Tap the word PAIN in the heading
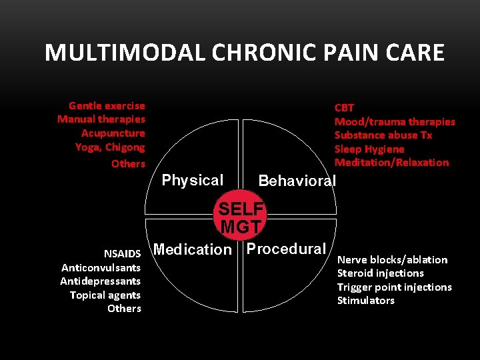click(x=336, y=53)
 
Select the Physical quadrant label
click(x=193, y=180)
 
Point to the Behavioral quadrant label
click(x=297, y=181)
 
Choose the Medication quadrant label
click(x=192, y=249)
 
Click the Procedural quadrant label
click(x=286, y=249)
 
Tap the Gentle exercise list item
click(x=107, y=105)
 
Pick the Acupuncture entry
click(x=113, y=133)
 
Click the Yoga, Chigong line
click(x=110, y=147)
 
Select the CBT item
click(x=344, y=107)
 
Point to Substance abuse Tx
click(x=383, y=135)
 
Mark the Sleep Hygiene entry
click(x=369, y=149)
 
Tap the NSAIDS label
click(x=122, y=253)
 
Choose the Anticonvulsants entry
click(x=101, y=267)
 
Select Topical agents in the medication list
click(x=105, y=295)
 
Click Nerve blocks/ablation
click(x=393, y=259)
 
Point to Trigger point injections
click(x=395, y=287)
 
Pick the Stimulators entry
click(x=366, y=300)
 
